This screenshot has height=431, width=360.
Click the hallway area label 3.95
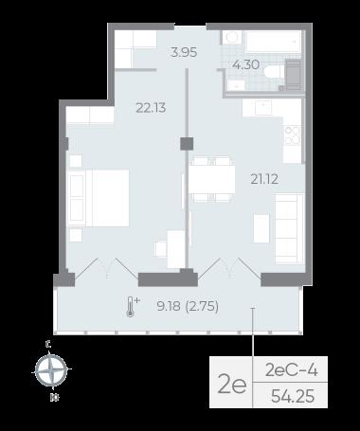[184, 52]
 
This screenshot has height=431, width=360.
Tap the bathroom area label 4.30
[246, 64]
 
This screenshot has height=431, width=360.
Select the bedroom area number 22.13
[151, 108]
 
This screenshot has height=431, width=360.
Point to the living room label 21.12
[264, 179]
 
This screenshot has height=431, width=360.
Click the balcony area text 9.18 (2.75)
[188, 306]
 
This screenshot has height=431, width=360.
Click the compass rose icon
[51, 370]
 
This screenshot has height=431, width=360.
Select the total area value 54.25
[293, 396]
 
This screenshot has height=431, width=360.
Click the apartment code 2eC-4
[291, 370]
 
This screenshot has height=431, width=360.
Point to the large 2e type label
[232, 385]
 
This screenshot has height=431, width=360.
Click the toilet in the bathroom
[273, 72]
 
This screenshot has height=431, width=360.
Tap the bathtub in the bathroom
[274, 42]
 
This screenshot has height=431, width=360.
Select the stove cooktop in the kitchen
[292, 136]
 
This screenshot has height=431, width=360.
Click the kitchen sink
[263, 107]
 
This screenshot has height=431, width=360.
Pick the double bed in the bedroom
[99, 198]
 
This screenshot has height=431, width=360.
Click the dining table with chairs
[212, 180]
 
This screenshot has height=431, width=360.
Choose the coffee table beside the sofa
[261, 228]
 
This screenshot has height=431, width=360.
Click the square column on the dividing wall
[187, 144]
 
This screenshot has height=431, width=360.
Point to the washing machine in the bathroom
[294, 75]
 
